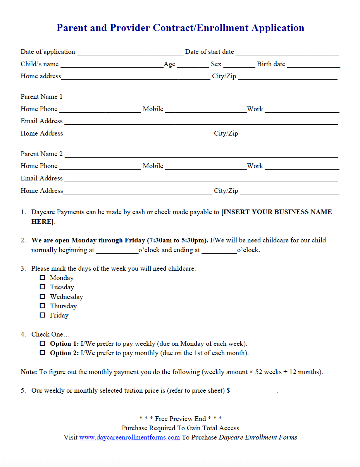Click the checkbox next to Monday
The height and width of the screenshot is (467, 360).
[x=43, y=278]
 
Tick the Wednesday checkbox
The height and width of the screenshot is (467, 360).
[x=43, y=297]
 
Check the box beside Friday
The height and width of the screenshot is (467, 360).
[x=43, y=315]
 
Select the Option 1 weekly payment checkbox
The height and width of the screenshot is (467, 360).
[x=43, y=343]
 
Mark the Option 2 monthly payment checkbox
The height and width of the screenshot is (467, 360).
[x=43, y=353]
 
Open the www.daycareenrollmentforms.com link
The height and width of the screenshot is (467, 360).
[x=129, y=438]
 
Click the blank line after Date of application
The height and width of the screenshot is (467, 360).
[x=130, y=52]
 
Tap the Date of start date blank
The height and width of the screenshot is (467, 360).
[x=287, y=52]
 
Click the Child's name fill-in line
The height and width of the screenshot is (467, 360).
[x=112, y=65]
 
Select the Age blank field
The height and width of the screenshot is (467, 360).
[x=193, y=65]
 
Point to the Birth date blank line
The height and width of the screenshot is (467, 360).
[x=313, y=65]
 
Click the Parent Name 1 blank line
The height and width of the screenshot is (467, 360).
[x=201, y=97]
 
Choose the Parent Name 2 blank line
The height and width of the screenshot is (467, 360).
[x=201, y=155]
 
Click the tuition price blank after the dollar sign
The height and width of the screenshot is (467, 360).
[x=253, y=391]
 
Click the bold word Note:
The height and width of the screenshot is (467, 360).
[x=29, y=372]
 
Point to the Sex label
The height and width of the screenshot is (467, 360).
[x=216, y=64]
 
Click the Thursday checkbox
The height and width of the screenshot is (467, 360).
[x=43, y=306]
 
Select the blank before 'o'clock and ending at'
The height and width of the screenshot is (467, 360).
[x=117, y=251]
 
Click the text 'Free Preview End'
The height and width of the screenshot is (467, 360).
[x=181, y=419]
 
